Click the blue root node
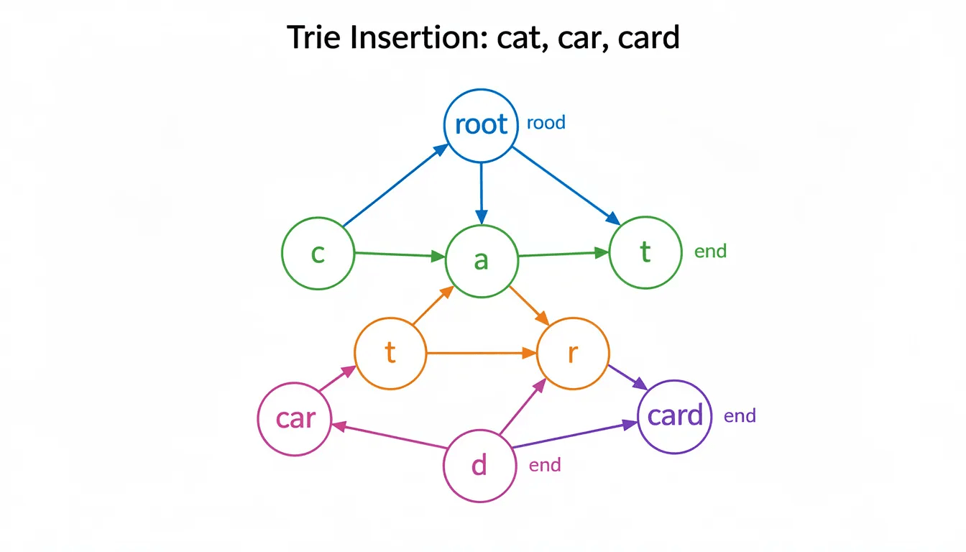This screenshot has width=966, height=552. click(x=481, y=124)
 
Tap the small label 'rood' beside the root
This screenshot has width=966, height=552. click(x=546, y=123)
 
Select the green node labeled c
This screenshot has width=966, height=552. click(x=318, y=254)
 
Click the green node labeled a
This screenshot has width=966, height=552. click(x=482, y=260)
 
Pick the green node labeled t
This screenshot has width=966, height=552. click(x=645, y=252)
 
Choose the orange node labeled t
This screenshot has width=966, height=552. click(x=390, y=353)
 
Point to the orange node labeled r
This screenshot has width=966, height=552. click(x=573, y=353)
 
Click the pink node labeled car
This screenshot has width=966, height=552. click(x=295, y=418)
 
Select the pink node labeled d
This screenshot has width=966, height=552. click(x=479, y=465)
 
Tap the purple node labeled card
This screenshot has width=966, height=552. click(x=675, y=416)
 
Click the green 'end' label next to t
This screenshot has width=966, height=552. click(x=710, y=252)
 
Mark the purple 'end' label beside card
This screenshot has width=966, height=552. click(x=740, y=415)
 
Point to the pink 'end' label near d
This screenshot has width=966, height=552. click(x=544, y=465)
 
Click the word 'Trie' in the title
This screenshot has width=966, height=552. click(x=313, y=37)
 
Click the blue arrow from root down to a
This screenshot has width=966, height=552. click(x=481, y=191)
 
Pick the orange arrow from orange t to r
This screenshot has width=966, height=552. click(x=482, y=353)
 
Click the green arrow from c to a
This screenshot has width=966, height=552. click(x=399, y=254)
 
